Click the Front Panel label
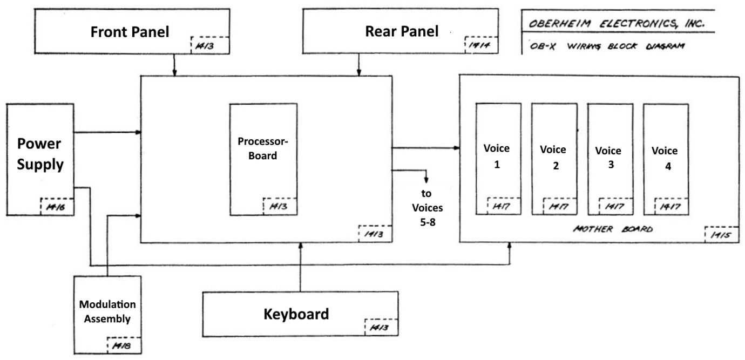[x=130, y=32]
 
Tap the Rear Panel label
[x=402, y=31]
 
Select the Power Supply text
[x=40, y=154]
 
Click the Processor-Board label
[x=263, y=148]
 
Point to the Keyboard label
[x=296, y=314]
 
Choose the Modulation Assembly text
[x=107, y=311]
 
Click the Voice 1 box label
[x=497, y=156]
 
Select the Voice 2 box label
[x=553, y=157]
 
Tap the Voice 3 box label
[x=608, y=158]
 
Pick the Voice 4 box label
[x=665, y=158]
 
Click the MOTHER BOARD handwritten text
[x=612, y=229]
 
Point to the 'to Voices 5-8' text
[x=427, y=207]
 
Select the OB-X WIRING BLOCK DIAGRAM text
[x=607, y=46]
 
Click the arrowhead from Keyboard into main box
[x=301, y=246]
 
